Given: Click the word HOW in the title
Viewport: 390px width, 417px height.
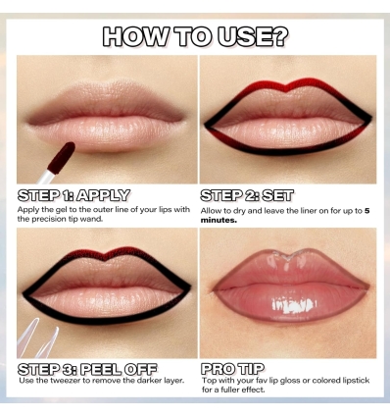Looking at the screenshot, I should [x=131, y=37].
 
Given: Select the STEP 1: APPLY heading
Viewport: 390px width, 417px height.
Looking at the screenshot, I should [x=73, y=195].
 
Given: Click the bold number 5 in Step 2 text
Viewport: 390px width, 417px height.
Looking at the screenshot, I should [x=366, y=210].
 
